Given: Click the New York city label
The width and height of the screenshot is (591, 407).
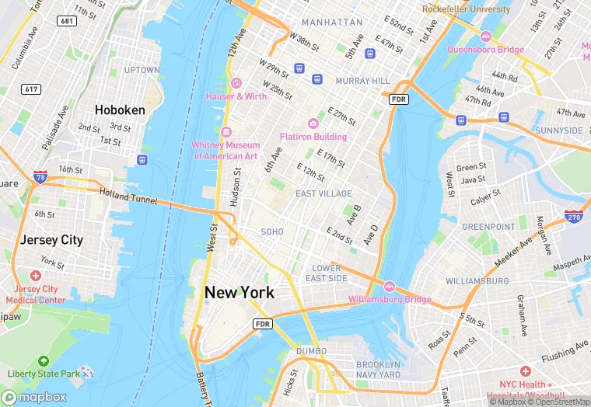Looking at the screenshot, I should coord(239,293).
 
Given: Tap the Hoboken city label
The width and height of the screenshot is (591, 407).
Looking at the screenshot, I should coord(120,110).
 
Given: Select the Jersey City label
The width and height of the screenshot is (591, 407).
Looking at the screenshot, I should coord(51,240).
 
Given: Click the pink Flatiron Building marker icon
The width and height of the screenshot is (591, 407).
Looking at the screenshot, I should coord(313,123).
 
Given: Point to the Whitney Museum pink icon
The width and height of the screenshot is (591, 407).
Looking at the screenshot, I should coord(226,131).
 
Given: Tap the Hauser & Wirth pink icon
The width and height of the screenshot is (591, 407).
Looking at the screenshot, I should coord(236,83).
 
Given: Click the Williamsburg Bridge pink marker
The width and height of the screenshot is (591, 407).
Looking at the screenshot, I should coord(390,286).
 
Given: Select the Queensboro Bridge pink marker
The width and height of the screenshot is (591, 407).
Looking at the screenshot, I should coord(485,37).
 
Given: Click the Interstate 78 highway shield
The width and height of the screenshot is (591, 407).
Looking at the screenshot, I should coord(40,178).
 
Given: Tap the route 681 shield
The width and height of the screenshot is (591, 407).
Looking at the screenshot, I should coord(67,20).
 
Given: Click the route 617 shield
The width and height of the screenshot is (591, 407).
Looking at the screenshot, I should coord(31,89).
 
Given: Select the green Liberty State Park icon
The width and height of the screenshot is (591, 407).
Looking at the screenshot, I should coord(43,362).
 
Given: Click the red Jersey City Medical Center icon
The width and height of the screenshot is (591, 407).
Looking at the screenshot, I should coord(35,276).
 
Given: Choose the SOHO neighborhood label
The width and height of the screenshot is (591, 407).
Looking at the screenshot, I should coord(272,231).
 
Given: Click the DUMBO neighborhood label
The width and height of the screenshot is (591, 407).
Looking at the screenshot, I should coord(313,350).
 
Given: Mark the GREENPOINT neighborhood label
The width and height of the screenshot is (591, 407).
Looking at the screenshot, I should coord(488,227).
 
